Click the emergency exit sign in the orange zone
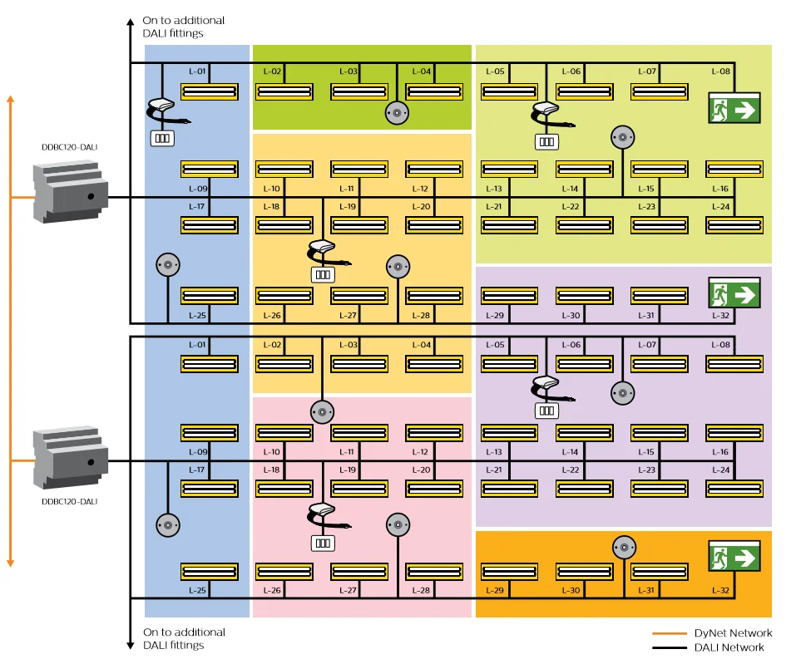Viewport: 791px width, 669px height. point(734,556)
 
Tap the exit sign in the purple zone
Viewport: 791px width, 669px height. point(734,293)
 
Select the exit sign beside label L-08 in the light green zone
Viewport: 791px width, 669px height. point(734,108)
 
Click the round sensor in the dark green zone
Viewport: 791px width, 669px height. point(397,113)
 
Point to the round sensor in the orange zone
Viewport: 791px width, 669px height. point(625,548)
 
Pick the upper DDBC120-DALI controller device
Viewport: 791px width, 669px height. point(70,192)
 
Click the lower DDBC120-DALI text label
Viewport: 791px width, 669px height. point(70,501)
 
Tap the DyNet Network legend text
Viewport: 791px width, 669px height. point(733,632)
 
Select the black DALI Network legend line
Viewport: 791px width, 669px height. point(670,648)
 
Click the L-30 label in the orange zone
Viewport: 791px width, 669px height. point(571,590)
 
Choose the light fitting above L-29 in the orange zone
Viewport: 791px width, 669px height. point(510,572)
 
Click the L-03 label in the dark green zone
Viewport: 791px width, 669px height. point(348,71)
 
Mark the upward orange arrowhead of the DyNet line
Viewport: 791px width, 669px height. point(11,100)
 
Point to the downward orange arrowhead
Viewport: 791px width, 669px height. point(11,563)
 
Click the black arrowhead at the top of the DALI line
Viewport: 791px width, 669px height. point(130,22)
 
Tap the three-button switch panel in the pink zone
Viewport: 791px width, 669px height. point(323,544)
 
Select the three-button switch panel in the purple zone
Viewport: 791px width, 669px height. point(546,411)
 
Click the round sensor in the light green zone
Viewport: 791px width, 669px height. point(623,137)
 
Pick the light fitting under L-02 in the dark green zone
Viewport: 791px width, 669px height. point(284,91)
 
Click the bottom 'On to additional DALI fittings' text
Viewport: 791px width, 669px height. point(184,638)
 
